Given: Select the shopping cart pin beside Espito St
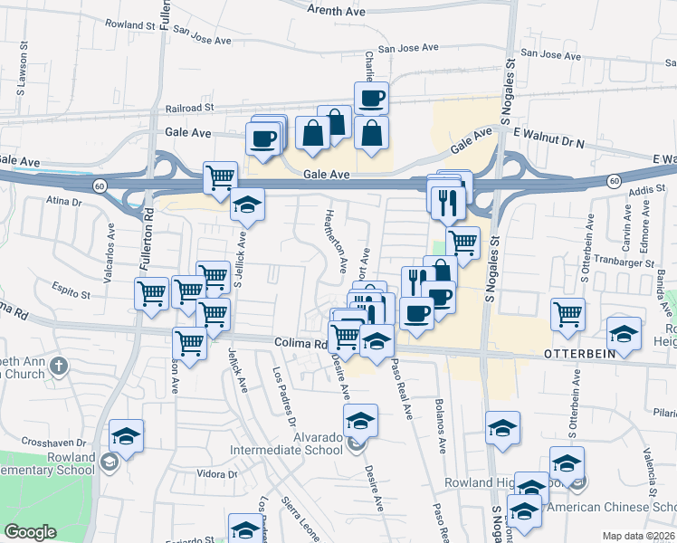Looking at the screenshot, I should [151, 291].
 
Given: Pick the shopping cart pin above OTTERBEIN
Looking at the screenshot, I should [567, 313].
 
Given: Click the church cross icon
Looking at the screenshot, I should [59, 367].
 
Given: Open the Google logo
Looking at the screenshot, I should [30, 533].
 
